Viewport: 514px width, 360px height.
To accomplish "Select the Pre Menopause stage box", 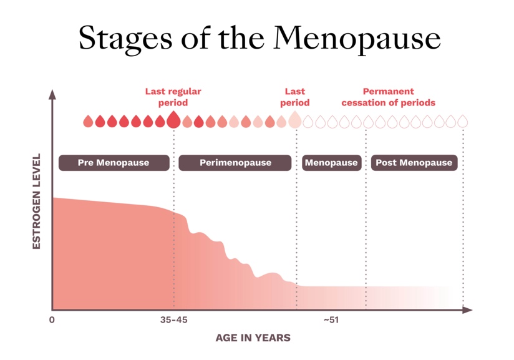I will point(114,163).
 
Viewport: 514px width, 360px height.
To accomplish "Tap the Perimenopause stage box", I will point(235,163).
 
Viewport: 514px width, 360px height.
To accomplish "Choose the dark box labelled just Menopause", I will point(331,163).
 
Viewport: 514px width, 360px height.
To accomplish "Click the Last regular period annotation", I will point(173,97).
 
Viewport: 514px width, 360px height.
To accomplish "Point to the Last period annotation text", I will point(294,97).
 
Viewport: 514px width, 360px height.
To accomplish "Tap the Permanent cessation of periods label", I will point(388,97).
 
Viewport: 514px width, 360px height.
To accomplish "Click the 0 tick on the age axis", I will point(52,320).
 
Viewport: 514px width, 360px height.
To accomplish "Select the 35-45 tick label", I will point(173,320).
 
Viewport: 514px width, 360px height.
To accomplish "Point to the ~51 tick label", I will point(331,320).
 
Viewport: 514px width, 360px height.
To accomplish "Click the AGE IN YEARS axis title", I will point(253,338).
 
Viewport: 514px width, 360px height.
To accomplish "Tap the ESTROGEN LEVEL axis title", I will point(36,202).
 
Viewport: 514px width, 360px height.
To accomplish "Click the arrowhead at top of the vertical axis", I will point(52,94).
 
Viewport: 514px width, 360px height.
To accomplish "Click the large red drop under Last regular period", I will point(173,120).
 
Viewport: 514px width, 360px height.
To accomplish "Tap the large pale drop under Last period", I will point(295,120).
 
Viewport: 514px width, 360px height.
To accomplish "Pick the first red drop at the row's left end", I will point(88,121).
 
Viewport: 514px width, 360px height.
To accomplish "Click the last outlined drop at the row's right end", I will point(462,121).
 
